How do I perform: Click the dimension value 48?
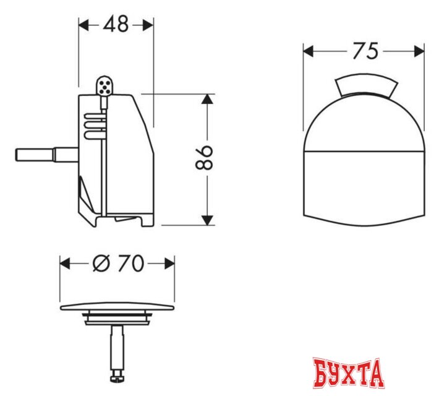pyautogui.click(x=116, y=24)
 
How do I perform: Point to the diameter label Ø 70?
pyautogui.click(x=117, y=264)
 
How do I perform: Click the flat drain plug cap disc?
pyautogui.click(x=117, y=307)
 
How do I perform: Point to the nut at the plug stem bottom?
pyautogui.click(x=117, y=374)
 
